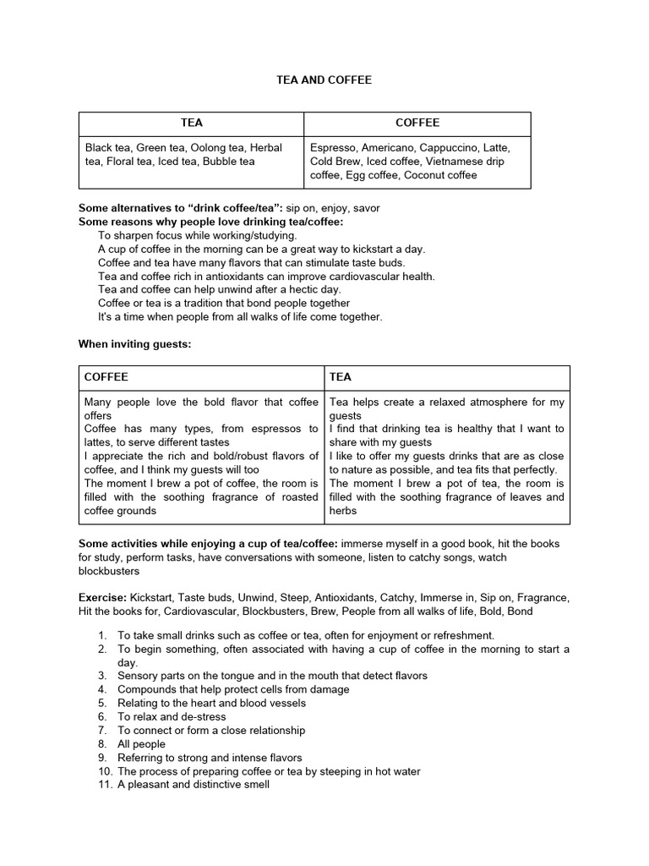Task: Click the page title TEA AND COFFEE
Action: pyautogui.click(x=324, y=79)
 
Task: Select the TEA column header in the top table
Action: pyautogui.click(x=192, y=123)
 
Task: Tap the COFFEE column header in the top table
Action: pyautogui.click(x=417, y=123)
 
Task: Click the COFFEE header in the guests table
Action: pyautogui.click(x=106, y=376)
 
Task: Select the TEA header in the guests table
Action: pyautogui.click(x=340, y=376)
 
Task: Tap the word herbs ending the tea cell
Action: pyautogui.click(x=343, y=510)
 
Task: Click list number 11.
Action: pyautogui.click(x=102, y=784)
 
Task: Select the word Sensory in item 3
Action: pyautogui.click(x=139, y=676)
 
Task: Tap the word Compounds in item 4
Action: pyautogui.click(x=147, y=689)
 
